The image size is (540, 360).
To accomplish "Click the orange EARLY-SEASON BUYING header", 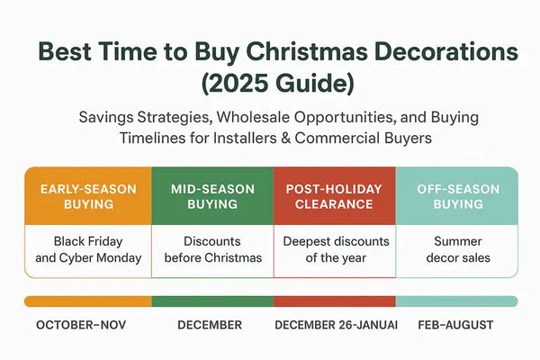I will click(x=87, y=196).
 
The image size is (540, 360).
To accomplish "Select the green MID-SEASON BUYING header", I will click(x=212, y=196).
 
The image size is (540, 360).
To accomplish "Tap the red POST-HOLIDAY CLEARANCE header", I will click(x=335, y=196).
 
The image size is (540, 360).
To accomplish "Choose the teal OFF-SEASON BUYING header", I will click(x=457, y=196).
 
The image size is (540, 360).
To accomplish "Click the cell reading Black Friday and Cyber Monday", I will click(x=87, y=249).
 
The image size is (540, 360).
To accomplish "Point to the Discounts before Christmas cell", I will click(x=212, y=249).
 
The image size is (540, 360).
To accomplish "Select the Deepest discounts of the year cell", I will click(x=335, y=249).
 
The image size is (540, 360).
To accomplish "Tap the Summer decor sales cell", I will click(x=457, y=249).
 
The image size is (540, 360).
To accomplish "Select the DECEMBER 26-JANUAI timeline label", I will click(x=335, y=325).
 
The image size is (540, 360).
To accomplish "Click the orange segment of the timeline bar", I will click(x=87, y=301).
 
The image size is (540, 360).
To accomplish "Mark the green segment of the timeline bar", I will click(x=212, y=301).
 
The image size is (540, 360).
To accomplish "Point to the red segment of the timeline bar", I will click(x=335, y=301).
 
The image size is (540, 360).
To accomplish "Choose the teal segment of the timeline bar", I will click(x=457, y=301).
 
